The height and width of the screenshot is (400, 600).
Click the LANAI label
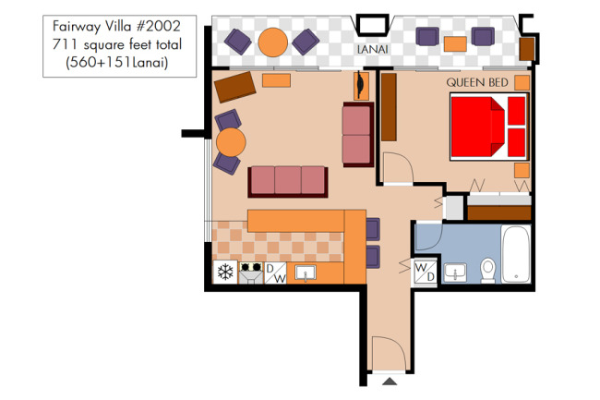pyautogui.click(x=372, y=49)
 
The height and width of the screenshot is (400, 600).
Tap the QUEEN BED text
pyautogui.click(x=477, y=82)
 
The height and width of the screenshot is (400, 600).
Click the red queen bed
pyautogui.click(x=489, y=127)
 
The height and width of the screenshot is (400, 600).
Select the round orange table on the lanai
pyautogui.click(x=273, y=42)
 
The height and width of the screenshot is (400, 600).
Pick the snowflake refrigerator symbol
pyautogui.click(x=225, y=273)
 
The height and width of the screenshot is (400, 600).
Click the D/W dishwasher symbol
pyautogui.click(x=275, y=273)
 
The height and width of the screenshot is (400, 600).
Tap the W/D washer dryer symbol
pyautogui.click(x=426, y=272)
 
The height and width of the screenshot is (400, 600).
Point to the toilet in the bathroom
pyautogui.click(x=488, y=271)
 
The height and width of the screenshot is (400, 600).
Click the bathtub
pyautogui.click(x=516, y=254)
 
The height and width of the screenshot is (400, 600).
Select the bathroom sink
pyautogui.click(x=455, y=273)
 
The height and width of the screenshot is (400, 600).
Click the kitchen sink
pyautogui.click(x=306, y=273)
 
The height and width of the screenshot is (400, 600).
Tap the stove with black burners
pyautogui.click(x=251, y=273)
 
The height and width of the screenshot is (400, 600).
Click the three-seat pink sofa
pyautogui.click(x=288, y=181)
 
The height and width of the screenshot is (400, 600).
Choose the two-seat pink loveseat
pyautogui.click(x=358, y=134)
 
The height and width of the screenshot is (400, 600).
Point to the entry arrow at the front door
pyautogui.click(x=390, y=382)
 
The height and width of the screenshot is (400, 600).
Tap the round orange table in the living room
pyautogui.click(x=231, y=142)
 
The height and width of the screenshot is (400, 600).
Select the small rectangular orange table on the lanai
pyautogui.click(x=455, y=44)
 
